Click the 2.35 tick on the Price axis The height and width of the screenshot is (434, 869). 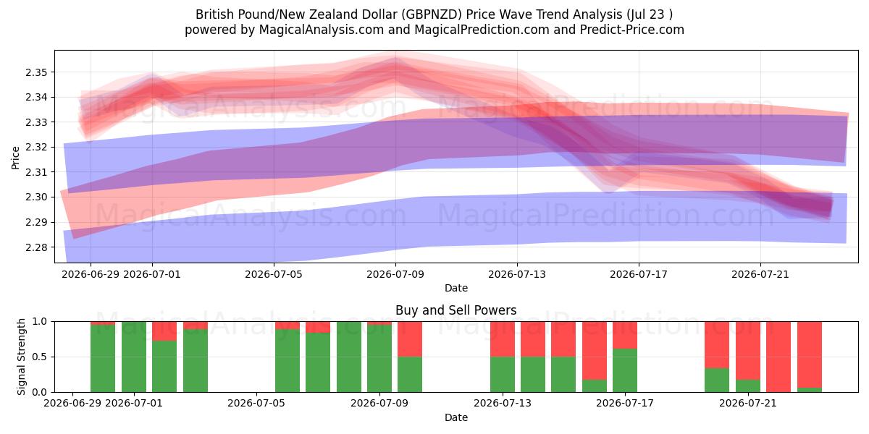coord(36,72)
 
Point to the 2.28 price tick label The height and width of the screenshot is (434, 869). coord(36,247)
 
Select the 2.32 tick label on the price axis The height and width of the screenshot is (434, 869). coord(36,148)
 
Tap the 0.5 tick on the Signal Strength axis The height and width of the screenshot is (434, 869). coord(40,357)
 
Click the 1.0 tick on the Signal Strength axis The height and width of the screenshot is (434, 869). coord(40,322)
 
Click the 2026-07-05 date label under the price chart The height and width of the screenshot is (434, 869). coord(274,275)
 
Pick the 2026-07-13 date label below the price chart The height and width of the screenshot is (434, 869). coord(517,275)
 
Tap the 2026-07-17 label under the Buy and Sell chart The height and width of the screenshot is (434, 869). coord(624,404)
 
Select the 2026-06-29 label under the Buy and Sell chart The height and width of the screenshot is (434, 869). coord(72,404)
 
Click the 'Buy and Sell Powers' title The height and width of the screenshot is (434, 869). coord(456,310)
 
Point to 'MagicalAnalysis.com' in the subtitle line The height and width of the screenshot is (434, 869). coord(322,30)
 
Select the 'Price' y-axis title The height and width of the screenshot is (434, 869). coord(15,158)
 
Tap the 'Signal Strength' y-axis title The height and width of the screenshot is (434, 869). coord(21,357)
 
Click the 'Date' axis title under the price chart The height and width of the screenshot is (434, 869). coord(456,289)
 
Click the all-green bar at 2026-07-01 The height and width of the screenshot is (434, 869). coord(134,357)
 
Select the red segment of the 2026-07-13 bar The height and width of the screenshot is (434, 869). coord(503,339)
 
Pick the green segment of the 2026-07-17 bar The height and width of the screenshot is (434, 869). coord(625,370)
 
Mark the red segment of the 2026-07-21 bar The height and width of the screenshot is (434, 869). coord(748,351)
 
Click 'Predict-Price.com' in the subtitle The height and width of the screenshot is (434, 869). coord(632,30)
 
